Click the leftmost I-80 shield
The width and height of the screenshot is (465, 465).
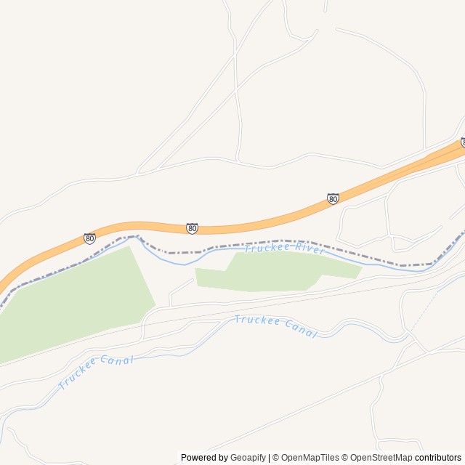click(x=89, y=238)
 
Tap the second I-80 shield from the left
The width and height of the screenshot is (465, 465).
click(x=192, y=228)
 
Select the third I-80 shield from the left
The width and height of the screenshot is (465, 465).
click(x=333, y=198)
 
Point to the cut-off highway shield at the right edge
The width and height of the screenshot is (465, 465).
click(x=463, y=142)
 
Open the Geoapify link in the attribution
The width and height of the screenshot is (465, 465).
click(x=248, y=458)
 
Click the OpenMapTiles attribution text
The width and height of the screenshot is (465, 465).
click(x=310, y=458)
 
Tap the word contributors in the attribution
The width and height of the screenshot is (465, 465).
click(x=438, y=458)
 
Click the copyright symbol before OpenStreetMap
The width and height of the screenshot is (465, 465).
click(x=346, y=458)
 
